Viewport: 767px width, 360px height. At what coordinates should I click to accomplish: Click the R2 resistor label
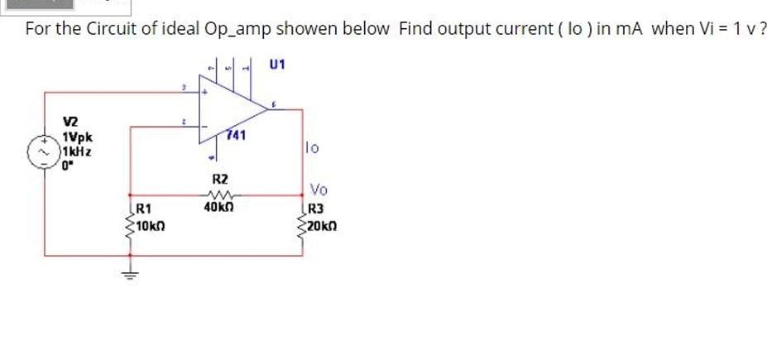220,178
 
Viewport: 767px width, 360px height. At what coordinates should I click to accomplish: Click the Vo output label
319,190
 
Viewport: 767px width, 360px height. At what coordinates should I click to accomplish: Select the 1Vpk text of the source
77,137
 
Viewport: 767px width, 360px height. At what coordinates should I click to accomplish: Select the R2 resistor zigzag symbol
220,194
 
